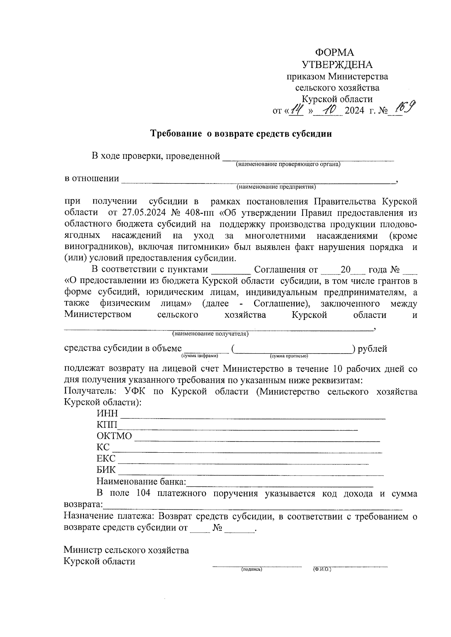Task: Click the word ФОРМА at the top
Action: coord(334,53)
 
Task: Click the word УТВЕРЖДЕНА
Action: coord(337,65)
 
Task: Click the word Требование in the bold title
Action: coord(176,134)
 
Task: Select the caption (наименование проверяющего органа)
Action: coord(288,164)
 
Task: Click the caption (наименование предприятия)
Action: coord(276,187)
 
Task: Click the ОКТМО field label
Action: coord(114,436)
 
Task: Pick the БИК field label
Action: coord(106,470)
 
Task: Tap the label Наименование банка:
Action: coord(141,481)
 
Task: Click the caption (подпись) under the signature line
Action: coord(251,569)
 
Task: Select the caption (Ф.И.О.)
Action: coord(322,569)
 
